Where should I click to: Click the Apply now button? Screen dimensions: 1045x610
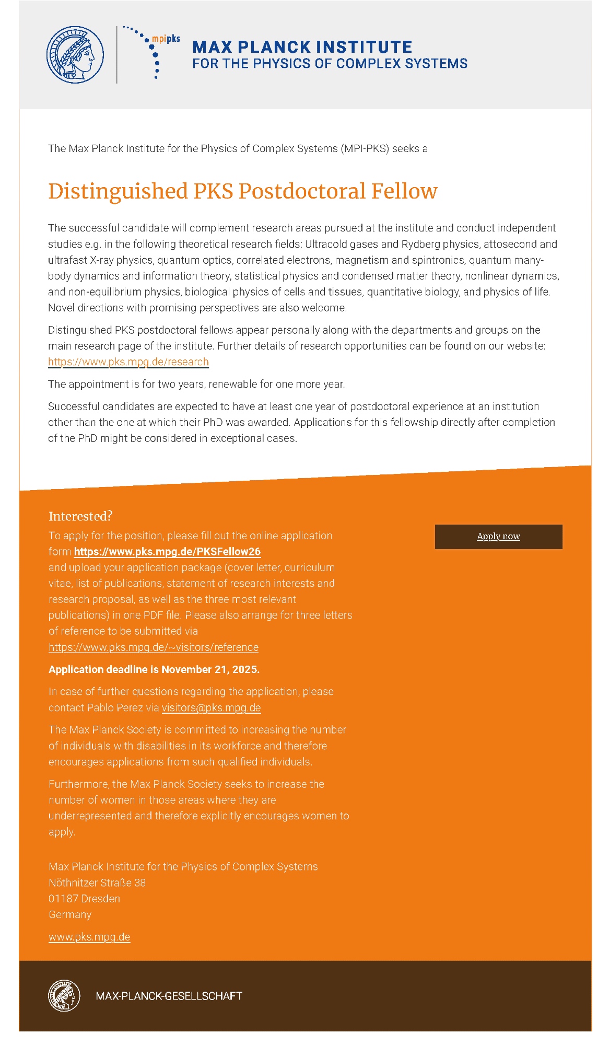pos(498,537)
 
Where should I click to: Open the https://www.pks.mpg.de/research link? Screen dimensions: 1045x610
pos(128,362)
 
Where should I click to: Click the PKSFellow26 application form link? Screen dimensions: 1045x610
pos(167,552)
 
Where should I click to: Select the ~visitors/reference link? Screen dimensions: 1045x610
pos(154,647)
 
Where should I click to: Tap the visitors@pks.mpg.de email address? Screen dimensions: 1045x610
pos(211,707)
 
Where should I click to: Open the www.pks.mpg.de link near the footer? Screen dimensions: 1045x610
pos(89,937)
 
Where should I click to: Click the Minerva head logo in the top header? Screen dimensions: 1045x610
pos(75,55)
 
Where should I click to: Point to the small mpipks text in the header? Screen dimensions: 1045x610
pos(166,39)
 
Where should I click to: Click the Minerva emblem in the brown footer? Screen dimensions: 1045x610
pos(64,995)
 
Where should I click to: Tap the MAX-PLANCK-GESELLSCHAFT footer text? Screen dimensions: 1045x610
pos(169,996)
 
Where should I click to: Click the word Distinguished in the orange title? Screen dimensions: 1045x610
pos(118,192)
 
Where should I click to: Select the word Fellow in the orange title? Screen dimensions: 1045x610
pos(404,191)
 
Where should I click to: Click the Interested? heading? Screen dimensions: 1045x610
pos(80,516)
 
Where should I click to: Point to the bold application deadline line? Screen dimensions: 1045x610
pos(154,669)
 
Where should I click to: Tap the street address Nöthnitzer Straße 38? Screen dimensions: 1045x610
pos(97,883)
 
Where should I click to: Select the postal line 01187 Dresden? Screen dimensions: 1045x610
pos(84,899)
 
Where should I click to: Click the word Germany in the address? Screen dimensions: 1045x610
pos(70,914)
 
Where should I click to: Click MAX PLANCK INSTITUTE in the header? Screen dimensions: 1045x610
pos(302,47)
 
